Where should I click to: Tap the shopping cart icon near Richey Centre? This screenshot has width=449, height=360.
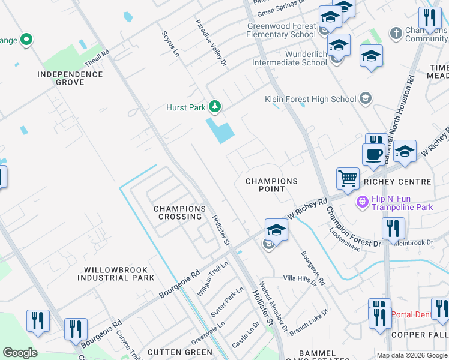(348, 178)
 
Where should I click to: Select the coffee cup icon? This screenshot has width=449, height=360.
(373, 154)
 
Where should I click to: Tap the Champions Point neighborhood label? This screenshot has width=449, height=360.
(272, 185)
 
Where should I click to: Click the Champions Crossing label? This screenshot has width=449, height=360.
(180, 212)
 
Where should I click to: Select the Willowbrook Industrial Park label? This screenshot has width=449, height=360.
(115, 274)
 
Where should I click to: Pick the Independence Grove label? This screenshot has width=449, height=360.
(70, 78)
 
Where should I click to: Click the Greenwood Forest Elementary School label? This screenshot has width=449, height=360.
(281, 30)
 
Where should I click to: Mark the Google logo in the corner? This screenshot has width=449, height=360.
(20, 353)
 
